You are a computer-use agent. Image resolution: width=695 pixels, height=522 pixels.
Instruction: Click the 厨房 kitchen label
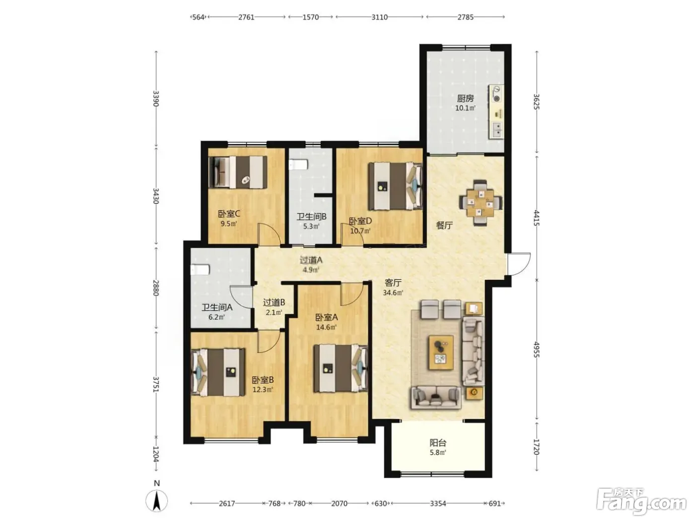click(x=465, y=98)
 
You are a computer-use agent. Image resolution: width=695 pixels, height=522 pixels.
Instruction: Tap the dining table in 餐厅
click(x=481, y=202)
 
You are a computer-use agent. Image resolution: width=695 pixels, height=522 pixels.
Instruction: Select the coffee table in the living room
click(x=441, y=353)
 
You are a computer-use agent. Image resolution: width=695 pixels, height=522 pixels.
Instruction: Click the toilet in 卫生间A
click(x=200, y=270)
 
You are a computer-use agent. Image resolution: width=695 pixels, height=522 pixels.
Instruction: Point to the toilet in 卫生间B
click(x=298, y=165)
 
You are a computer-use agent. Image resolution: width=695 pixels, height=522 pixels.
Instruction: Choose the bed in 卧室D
click(x=395, y=186)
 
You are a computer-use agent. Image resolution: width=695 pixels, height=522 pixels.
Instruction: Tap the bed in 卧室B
click(x=218, y=372)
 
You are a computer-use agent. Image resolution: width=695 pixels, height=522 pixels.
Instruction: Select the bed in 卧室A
click(x=341, y=368)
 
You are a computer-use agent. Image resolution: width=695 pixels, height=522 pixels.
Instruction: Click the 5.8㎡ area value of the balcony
click(x=437, y=452)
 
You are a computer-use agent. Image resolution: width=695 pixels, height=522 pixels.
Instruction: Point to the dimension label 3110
click(x=379, y=17)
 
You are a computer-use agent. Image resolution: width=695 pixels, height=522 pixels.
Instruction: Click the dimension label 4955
click(x=536, y=349)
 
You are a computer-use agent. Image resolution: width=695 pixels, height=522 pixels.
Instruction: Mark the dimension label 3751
click(x=155, y=384)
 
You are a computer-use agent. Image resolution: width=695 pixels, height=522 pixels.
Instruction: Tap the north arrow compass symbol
click(x=156, y=501)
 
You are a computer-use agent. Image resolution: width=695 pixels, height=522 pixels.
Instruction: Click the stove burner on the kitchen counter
click(x=497, y=98)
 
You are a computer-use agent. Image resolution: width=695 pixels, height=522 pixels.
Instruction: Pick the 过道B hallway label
click(x=274, y=302)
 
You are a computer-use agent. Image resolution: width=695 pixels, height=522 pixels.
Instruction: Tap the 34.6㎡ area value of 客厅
click(x=393, y=292)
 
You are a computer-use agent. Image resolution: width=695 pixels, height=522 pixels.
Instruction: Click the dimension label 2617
click(x=227, y=503)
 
